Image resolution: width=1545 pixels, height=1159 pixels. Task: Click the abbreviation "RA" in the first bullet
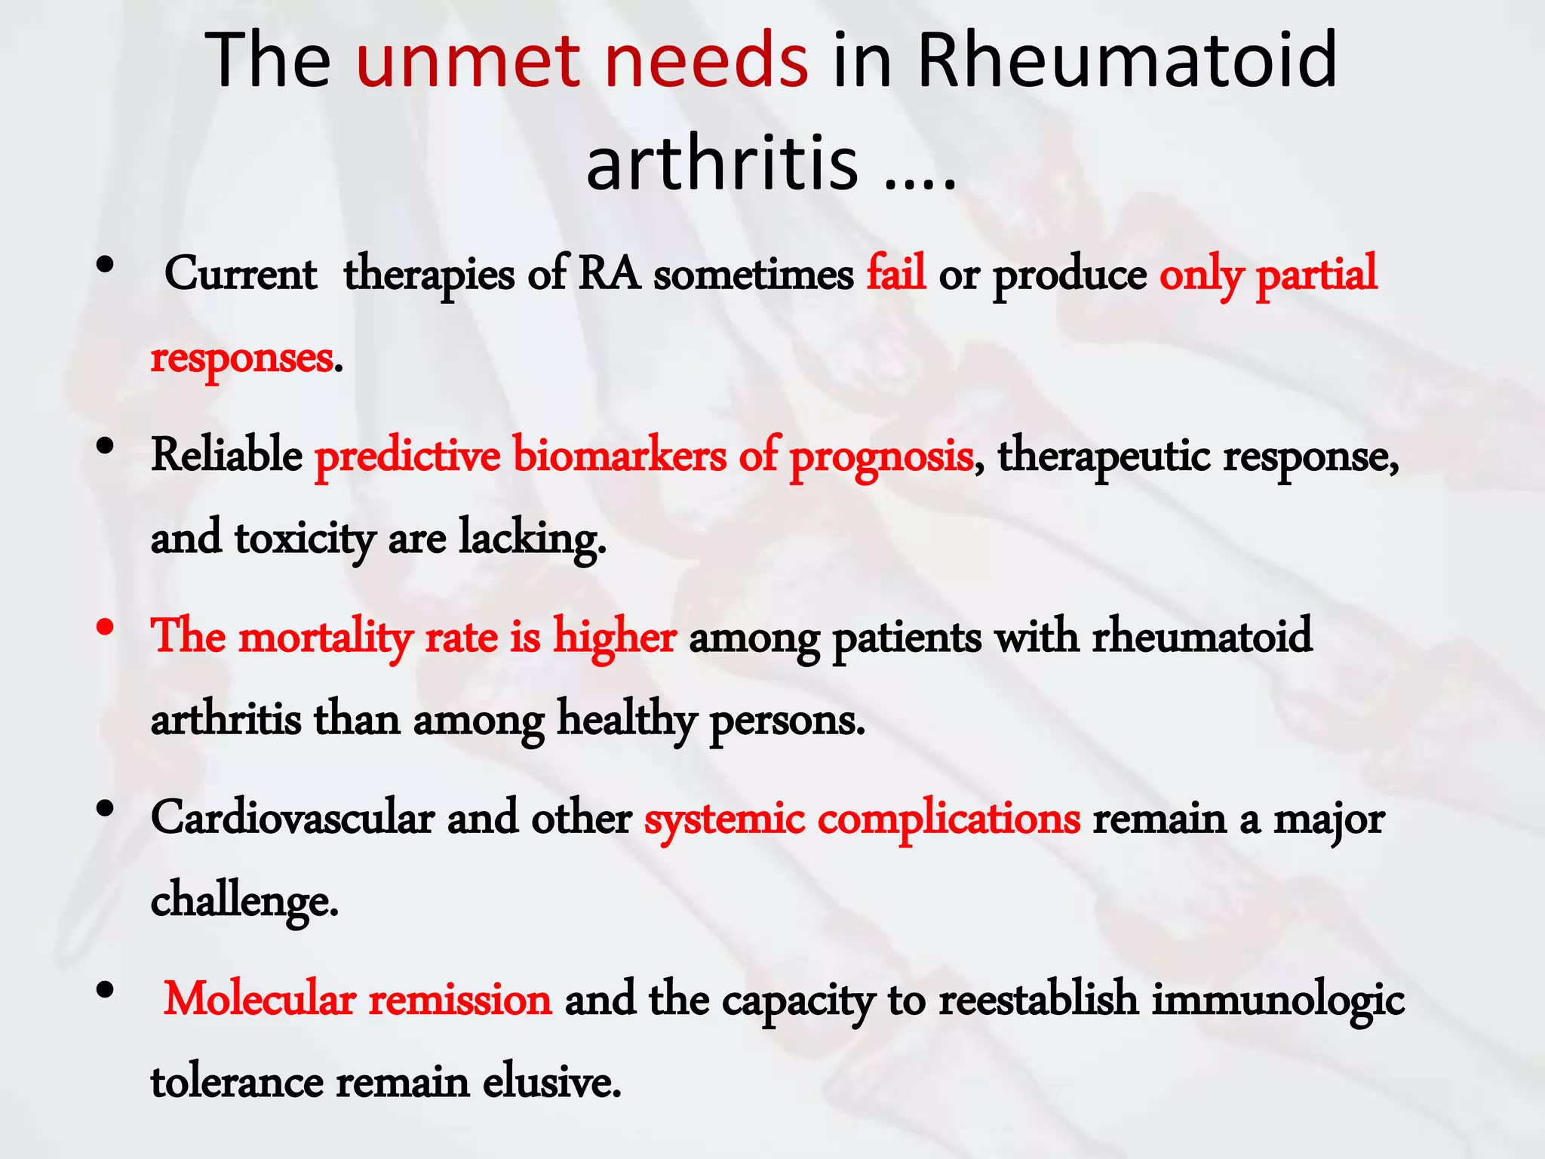coord(609,273)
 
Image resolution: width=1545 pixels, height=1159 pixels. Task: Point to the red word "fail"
coord(895,273)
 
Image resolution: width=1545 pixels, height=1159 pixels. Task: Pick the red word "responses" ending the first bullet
coord(241,358)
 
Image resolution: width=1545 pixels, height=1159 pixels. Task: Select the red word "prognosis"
coord(881,457)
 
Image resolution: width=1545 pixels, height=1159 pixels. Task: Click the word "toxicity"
coord(305,539)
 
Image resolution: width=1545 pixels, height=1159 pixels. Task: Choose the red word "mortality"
coord(325,636)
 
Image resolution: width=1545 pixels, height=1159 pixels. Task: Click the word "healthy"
coord(626,720)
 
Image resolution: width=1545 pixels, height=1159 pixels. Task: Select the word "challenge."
coord(244,901)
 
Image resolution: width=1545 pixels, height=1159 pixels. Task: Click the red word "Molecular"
coord(259,999)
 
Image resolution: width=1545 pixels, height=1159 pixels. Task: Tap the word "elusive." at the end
coord(551,1082)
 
